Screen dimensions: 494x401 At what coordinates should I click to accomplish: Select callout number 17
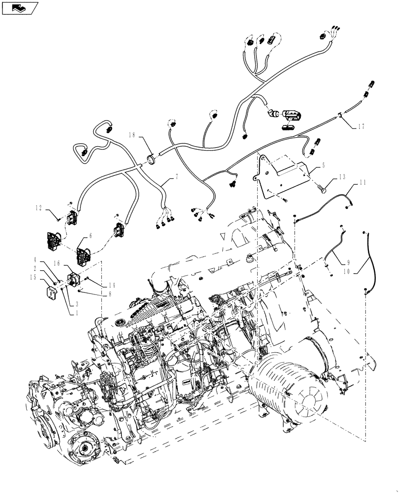click(362, 126)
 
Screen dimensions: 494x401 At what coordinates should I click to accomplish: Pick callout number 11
click(363, 184)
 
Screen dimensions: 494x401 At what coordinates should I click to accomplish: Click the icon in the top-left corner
click(20, 7)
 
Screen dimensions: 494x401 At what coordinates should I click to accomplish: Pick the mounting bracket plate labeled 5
click(284, 175)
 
